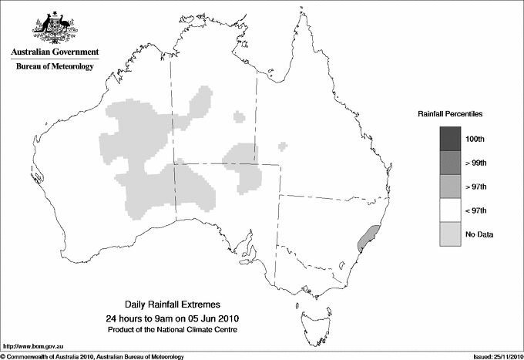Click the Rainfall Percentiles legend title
450,113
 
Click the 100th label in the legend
475,139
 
